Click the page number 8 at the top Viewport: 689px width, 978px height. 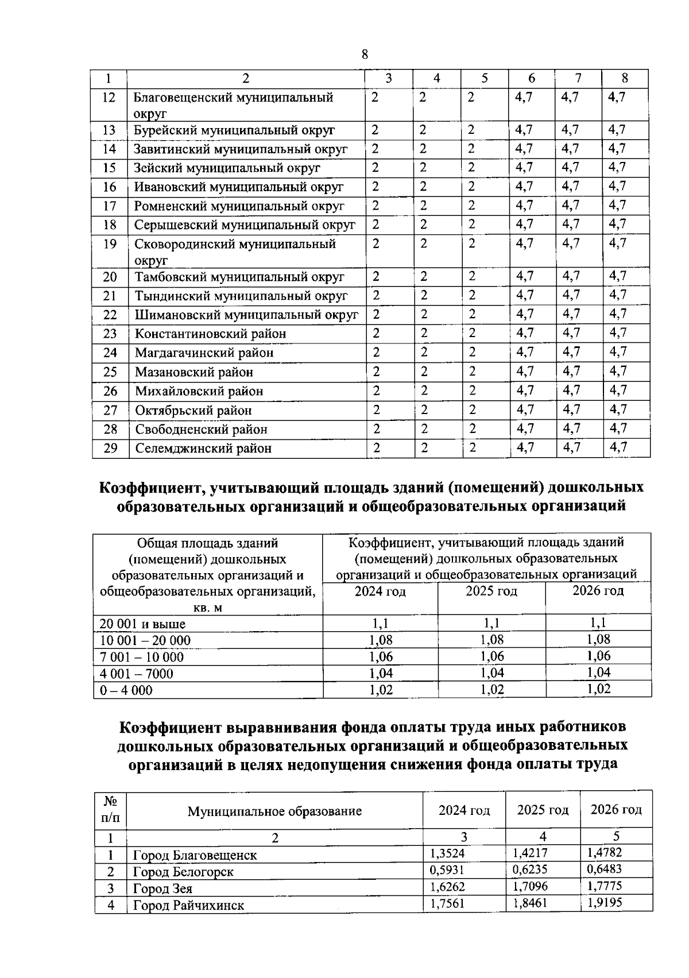[365, 55]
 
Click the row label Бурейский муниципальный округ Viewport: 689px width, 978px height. [234, 131]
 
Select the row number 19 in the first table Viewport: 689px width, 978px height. [109, 244]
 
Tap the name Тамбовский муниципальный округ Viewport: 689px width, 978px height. [239, 277]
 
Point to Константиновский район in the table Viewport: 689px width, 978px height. [210, 334]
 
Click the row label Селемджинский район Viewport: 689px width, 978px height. [203, 449]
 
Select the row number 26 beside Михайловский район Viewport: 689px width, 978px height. [110, 391]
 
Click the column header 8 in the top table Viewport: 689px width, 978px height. [625, 79]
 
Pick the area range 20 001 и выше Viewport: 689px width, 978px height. [142, 624]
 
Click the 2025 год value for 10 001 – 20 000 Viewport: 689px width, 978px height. [491, 640]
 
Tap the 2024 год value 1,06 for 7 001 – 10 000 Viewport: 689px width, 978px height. [380, 656]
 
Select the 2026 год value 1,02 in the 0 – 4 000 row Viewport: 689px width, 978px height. [598, 689]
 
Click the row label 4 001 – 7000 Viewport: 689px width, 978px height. [136, 674]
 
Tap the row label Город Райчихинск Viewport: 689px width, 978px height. [188, 906]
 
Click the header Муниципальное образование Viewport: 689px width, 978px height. [274, 811]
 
